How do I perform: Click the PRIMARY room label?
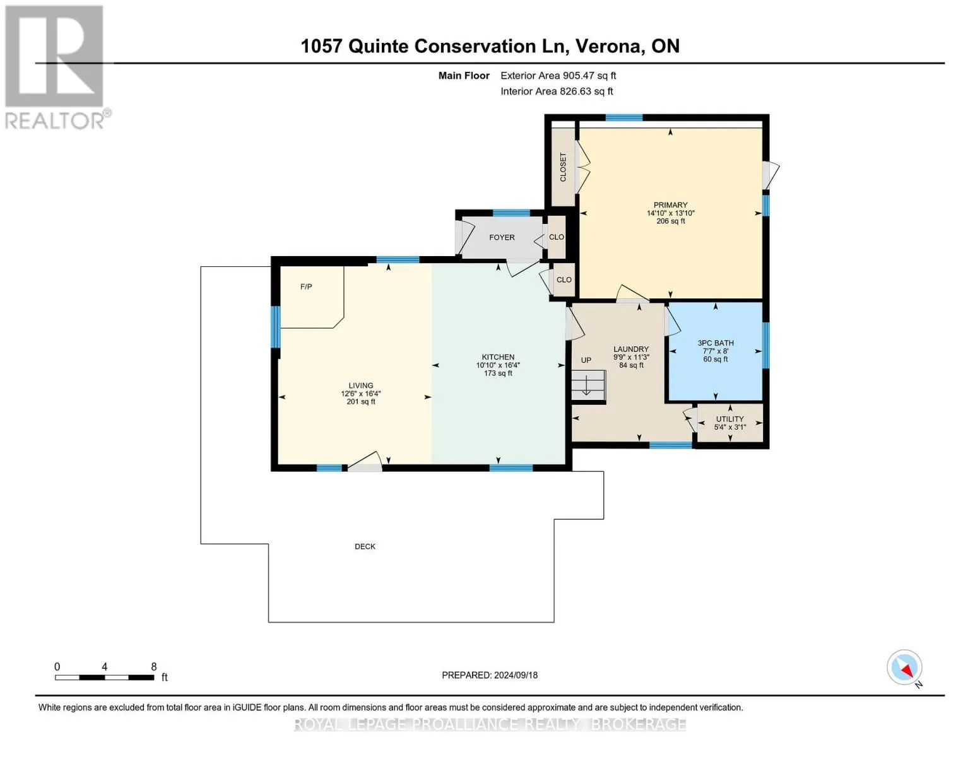point(670,204)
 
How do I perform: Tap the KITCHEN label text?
point(498,356)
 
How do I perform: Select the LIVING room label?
point(361,385)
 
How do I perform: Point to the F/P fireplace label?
point(306,287)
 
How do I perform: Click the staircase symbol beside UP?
point(588,385)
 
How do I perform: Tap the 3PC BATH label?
point(715,343)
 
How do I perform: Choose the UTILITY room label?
point(729,419)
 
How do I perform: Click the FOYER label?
point(502,238)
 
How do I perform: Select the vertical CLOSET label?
point(563,167)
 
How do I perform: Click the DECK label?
point(365,546)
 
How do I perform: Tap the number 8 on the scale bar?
point(154,666)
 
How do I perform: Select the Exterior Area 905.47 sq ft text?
point(558,76)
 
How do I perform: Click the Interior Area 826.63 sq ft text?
point(557,91)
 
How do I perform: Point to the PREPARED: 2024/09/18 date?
point(490,675)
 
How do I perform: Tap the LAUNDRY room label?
point(631,349)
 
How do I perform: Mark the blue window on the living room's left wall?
point(275,327)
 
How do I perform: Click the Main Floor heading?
point(464,76)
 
